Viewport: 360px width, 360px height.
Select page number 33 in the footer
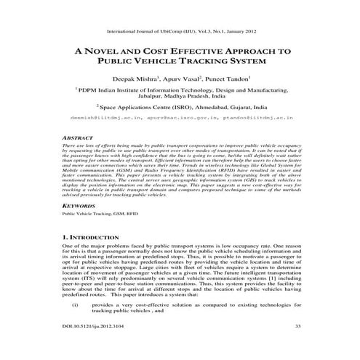[297, 327]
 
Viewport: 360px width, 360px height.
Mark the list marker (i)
[75, 303]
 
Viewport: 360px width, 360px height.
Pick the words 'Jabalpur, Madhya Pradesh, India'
[180, 95]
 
